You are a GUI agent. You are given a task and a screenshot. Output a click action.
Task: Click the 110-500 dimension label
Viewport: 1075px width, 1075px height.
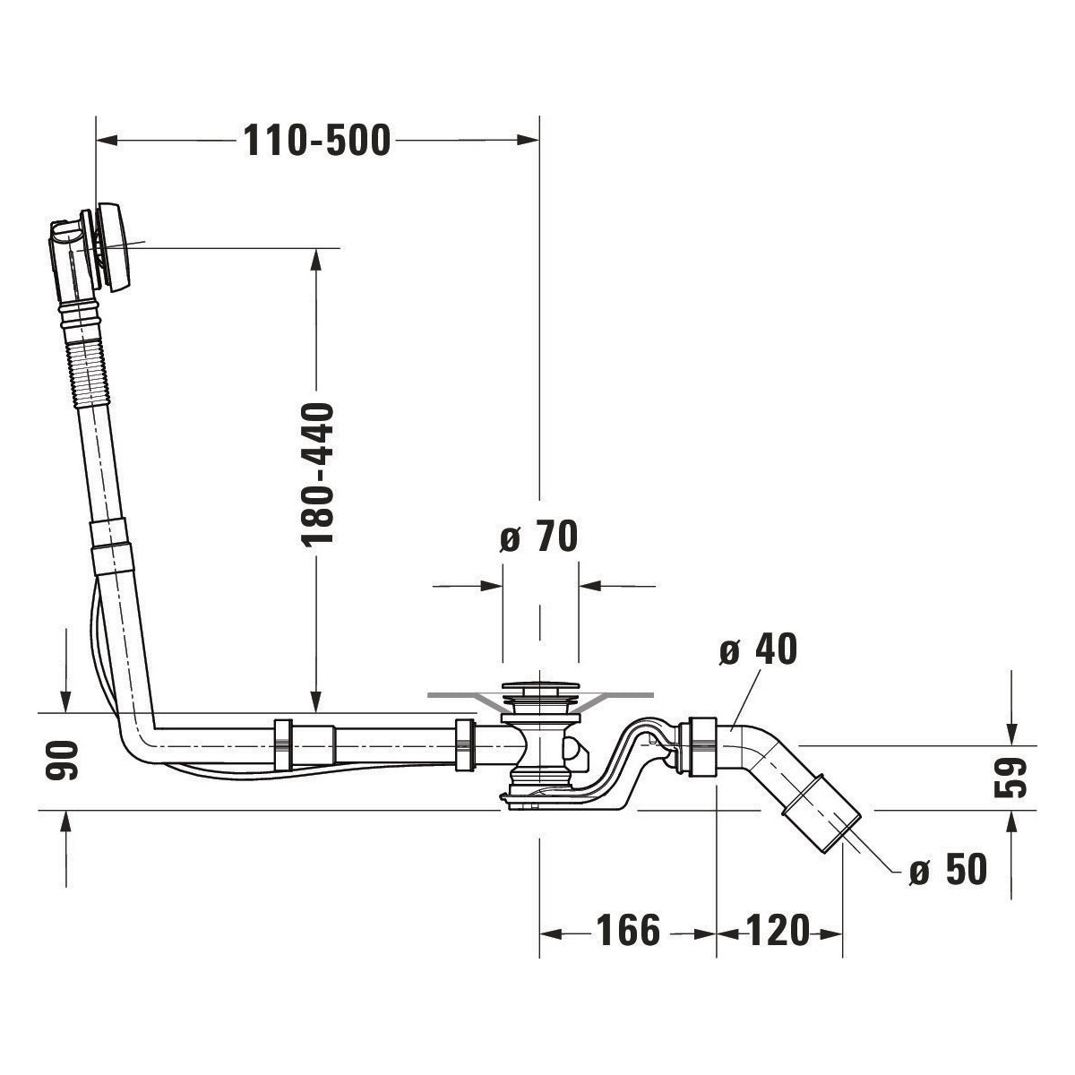point(318,141)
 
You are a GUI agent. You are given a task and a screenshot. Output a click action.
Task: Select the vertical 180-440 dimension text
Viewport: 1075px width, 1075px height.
point(317,474)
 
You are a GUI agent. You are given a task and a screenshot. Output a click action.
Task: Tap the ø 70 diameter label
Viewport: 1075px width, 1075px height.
point(539,537)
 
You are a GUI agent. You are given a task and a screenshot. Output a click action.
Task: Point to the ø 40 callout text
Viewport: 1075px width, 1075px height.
point(758,650)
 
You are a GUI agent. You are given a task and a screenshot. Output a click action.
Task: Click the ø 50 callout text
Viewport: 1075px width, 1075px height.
point(947,869)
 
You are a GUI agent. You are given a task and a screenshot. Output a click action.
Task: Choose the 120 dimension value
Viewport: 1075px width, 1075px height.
point(776,932)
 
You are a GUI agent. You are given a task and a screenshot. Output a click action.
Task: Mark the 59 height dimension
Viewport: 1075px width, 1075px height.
point(1010,777)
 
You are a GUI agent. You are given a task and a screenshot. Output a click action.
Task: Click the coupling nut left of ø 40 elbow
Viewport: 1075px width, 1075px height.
point(697,746)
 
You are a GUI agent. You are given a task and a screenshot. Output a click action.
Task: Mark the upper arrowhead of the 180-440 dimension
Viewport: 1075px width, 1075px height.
point(315,260)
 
